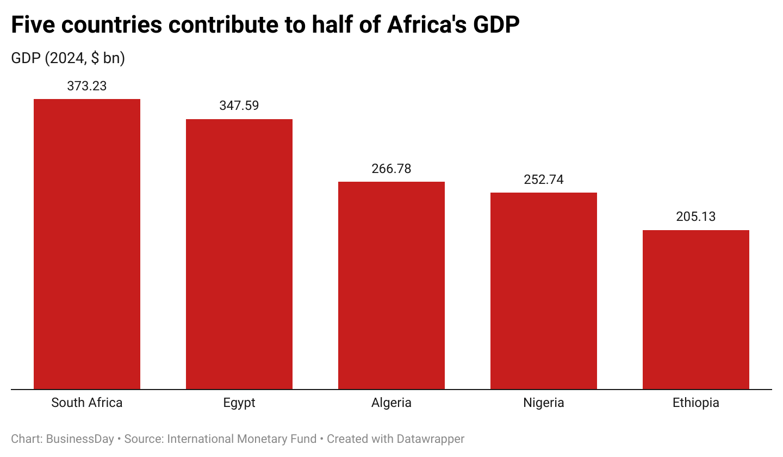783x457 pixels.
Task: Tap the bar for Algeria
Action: click(391, 285)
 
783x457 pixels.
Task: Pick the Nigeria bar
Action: click(544, 291)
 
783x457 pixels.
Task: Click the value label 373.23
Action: click(87, 85)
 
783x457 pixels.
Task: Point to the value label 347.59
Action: click(239, 106)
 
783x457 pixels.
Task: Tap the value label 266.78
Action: click(391, 168)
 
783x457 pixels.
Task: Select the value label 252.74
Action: click(544, 180)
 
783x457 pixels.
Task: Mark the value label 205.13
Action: click(696, 217)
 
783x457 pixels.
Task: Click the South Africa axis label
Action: click(87, 403)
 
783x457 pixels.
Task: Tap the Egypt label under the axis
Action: click(239, 403)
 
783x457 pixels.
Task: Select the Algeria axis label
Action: click(391, 403)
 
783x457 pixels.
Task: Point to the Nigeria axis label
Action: click(544, 403)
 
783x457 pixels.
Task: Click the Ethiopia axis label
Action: click(696, 403)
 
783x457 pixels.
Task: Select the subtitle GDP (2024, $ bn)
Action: click(68, 58)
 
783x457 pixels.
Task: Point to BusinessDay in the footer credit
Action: click(80, 439)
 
